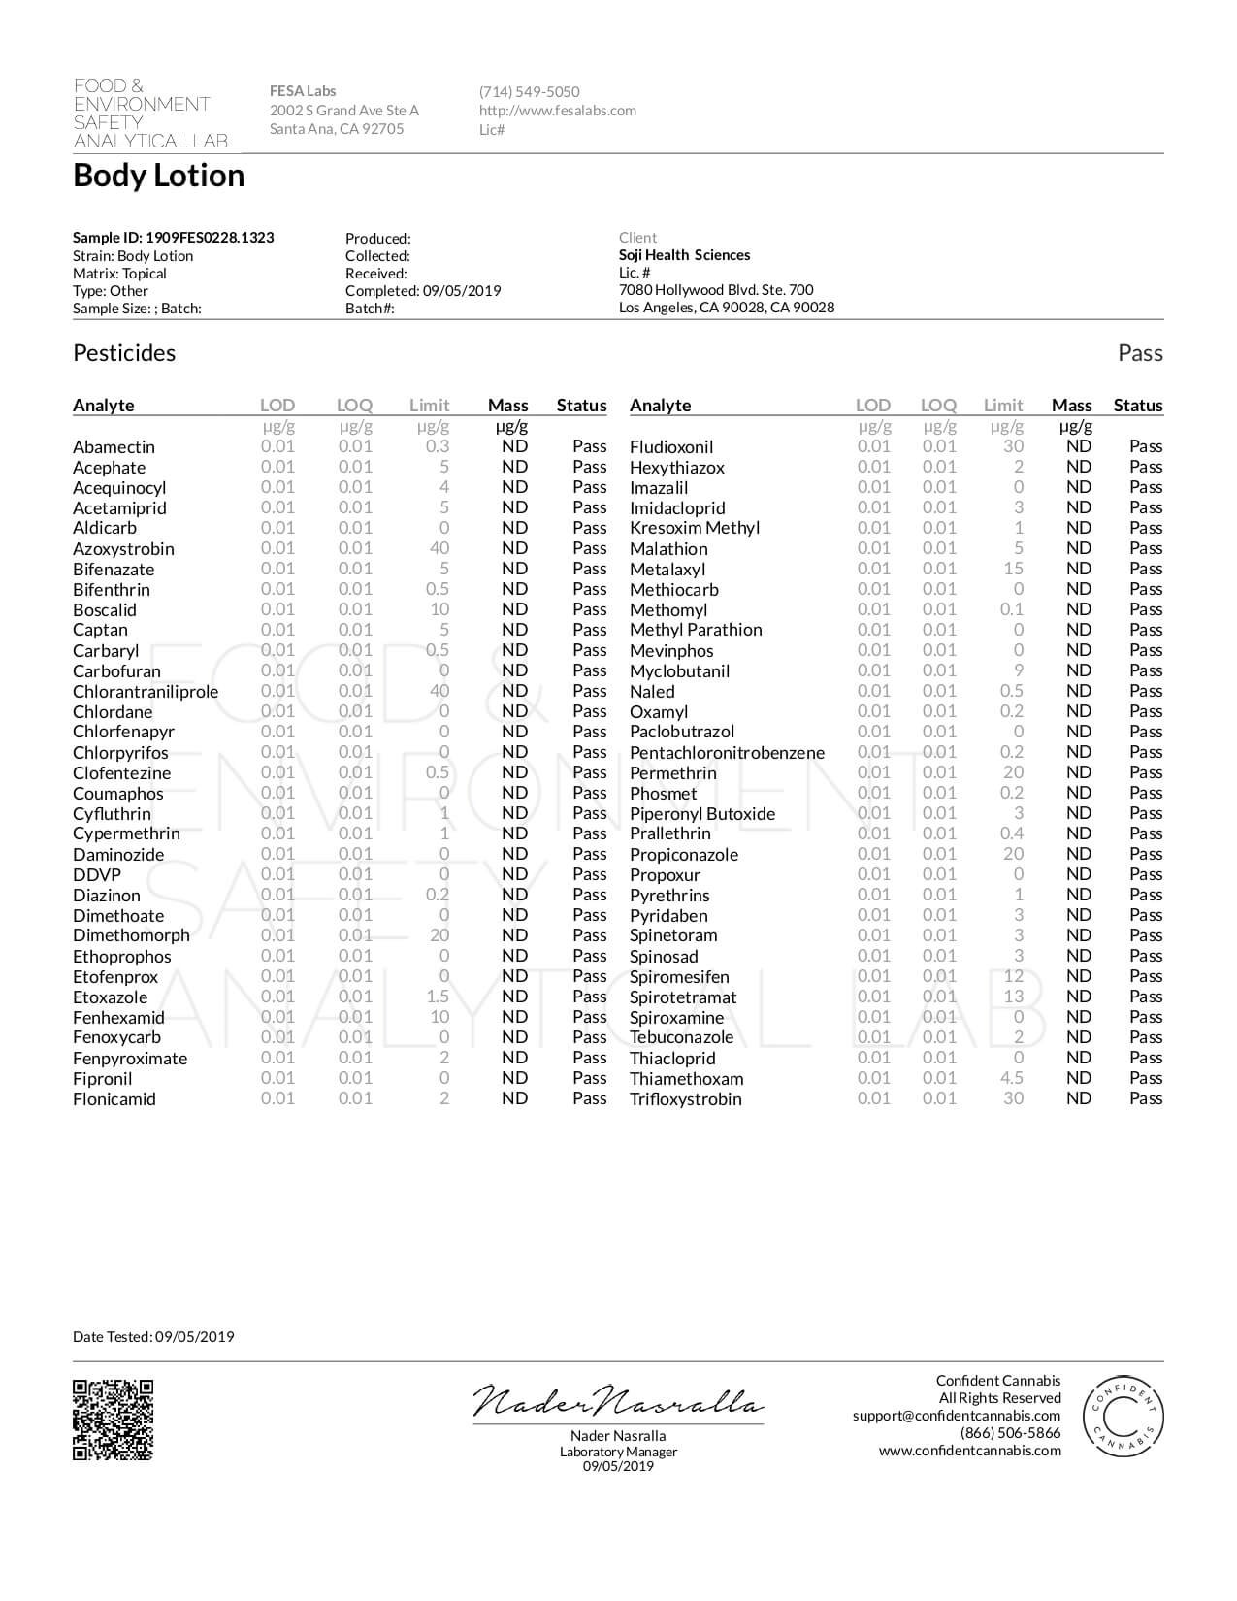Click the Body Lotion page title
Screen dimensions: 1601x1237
[x=159, y=176]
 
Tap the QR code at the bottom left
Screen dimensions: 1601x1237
[x=113, y=1420]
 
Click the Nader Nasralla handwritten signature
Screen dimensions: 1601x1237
[x=618, y=1401]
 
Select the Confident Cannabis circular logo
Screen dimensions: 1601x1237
[x=1123, y=1416]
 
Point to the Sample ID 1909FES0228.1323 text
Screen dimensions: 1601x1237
[x=173, y=238]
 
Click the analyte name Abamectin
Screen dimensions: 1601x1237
[x=114, y=447]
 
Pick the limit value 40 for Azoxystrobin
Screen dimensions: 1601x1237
[x=439, y=548]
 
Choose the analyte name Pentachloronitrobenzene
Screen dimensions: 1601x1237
[x=727, y=753]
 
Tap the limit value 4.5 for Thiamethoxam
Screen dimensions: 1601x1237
[x=1012, y=1078]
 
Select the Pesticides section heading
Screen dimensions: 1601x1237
[x=124, y=353]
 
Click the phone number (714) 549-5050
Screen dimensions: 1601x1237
[x=529, y=92]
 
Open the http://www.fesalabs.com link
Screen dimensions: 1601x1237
[x=558, y=111]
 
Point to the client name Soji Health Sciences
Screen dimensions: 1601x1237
[x=684, y=255]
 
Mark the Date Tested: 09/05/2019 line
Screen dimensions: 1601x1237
[x=153, y=1337]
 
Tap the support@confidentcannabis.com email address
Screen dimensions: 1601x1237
[x=957, y=1416]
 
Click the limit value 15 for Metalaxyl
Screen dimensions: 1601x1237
[x=1013, y=569]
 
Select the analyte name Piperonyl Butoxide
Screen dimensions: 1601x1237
[x=702, y=814]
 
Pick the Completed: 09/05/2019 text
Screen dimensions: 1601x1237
[x=423, y=291]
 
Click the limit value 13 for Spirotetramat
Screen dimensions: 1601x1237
[x=1013, y=997]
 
